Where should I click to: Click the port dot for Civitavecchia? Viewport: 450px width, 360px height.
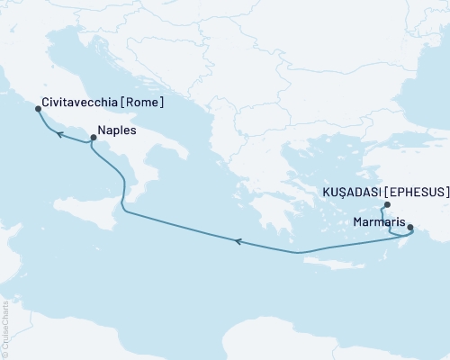click(38, 109)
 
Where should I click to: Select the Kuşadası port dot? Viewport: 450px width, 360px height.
click(386, 205)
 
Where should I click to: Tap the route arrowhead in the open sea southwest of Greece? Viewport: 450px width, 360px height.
click(238, 240)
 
